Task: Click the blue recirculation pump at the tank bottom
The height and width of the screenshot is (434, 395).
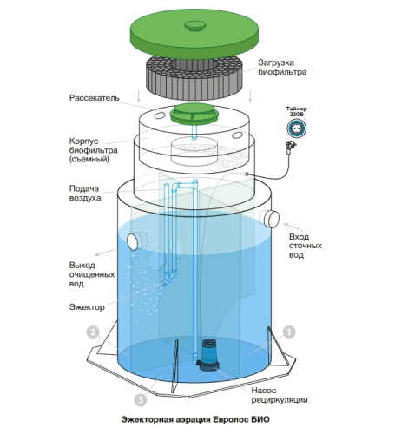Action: (x=208, y=355)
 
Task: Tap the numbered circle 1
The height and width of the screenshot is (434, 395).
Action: (x=289, y=332)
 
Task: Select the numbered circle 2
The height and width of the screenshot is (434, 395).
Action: (x=93, y=332)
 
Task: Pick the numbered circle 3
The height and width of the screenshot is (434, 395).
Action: (x=141, y=400)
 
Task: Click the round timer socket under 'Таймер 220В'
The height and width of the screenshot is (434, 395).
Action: (x=297, y=128)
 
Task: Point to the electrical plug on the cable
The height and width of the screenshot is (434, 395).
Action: (x=291, y=145)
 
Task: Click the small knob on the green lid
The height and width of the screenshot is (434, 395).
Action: (x=195, y=25)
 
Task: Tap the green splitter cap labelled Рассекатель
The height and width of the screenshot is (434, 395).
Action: (x=194, y=113)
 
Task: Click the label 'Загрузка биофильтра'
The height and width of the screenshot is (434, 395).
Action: (x=282, y=67)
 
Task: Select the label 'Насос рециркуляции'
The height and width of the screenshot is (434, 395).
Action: (x=280, y=395)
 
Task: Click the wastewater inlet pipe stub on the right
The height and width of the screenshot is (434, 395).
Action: (x=270, y=218)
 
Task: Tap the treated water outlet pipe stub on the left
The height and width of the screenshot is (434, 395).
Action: (x=136, y=240)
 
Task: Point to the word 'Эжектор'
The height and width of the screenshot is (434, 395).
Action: (x=87, y=306)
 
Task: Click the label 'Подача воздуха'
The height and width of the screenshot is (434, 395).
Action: (x=85, y=194)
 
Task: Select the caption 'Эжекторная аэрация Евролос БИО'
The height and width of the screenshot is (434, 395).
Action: (x=195, y=419)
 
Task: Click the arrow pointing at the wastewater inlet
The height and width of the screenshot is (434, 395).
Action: (x=293, y=227)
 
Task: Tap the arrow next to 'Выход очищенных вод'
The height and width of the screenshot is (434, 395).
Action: (x=105, y=253)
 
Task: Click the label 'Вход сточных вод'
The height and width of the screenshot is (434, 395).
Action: (x=306, y=246)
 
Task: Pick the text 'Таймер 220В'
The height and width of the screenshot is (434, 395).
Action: (x=297, y=111)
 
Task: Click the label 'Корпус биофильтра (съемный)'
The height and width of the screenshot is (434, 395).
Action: (x=94, y=150)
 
